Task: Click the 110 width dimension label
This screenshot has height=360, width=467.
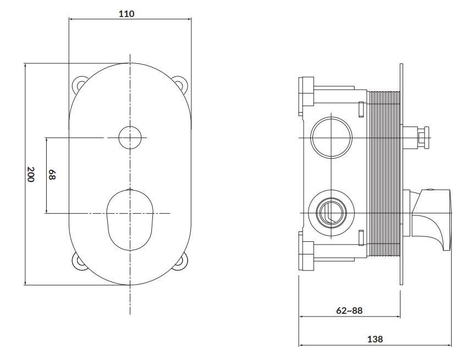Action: point(127,14)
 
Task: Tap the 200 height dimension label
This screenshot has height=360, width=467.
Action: point(31,174)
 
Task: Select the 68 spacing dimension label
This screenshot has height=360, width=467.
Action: point(52,175)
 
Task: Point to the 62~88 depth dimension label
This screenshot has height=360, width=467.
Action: point(349,311)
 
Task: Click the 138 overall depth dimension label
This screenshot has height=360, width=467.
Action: point(375,339)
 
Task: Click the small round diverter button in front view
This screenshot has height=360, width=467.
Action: point(130,137)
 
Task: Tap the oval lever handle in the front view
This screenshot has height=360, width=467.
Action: point(130,219)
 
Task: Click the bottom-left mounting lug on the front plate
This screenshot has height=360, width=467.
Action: point(79,262)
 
